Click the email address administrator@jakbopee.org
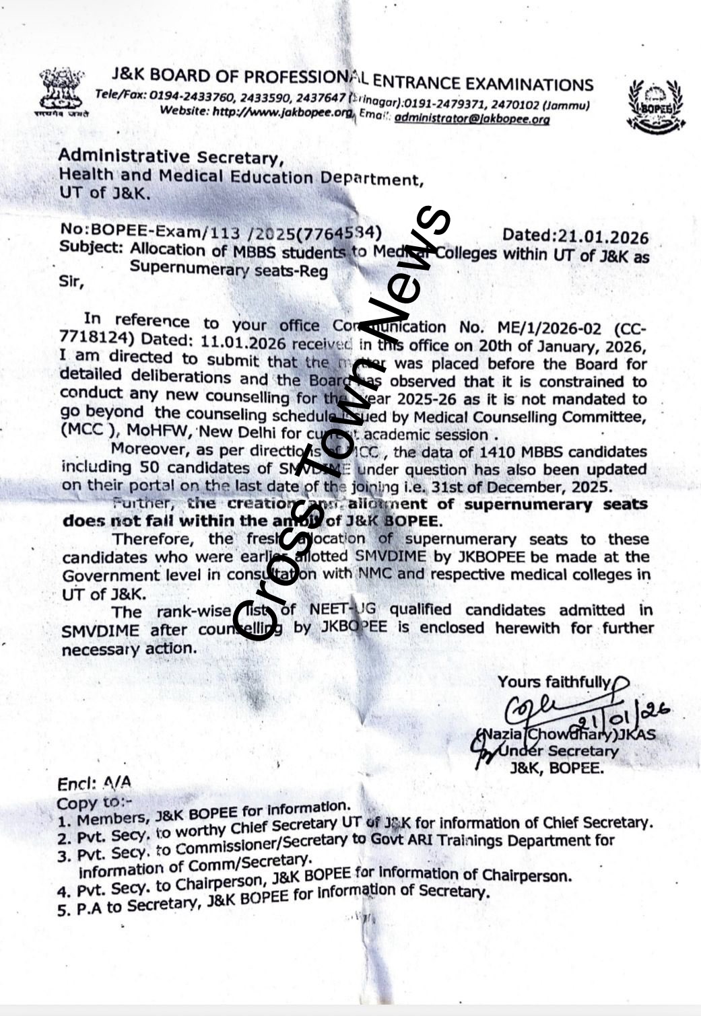coord(471,119)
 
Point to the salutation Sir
coord(72,283)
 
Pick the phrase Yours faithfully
coord(554,682)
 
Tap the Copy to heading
coord(94,803)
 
